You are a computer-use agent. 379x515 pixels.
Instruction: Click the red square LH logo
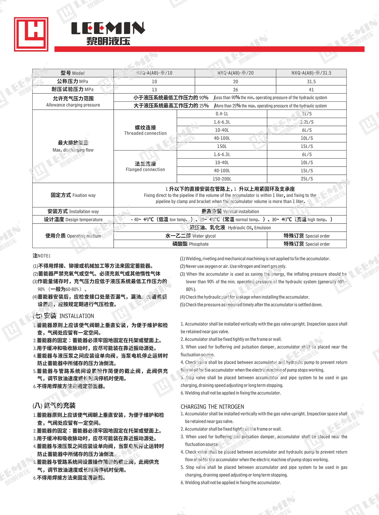coord(31,34)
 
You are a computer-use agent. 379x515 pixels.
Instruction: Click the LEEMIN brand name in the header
coord(108,28)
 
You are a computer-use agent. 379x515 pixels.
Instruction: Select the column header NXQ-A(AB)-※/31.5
coord(311,73)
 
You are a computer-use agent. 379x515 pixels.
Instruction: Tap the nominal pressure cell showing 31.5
coord(311,82)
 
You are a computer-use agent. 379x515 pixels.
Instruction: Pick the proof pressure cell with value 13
coord(154,90)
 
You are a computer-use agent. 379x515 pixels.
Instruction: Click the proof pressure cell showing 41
coord(311,90)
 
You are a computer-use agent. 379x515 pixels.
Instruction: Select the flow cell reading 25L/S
coord(307,179)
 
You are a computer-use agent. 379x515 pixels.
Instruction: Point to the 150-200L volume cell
coord(222,179)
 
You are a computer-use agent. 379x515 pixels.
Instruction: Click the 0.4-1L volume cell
coord(222,114)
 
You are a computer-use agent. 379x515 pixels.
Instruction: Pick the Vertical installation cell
coord(230,212)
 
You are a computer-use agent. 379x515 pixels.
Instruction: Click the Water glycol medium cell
coord(190,236)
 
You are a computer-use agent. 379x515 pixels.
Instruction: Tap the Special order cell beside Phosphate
coord(307,244)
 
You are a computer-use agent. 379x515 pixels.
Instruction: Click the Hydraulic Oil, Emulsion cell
coord(230,228)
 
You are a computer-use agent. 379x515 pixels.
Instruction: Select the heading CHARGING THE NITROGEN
coord(212,407)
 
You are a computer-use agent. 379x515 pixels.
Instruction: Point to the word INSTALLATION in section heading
coord(76,316)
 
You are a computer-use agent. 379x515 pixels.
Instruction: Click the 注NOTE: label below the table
coord(41,255)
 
